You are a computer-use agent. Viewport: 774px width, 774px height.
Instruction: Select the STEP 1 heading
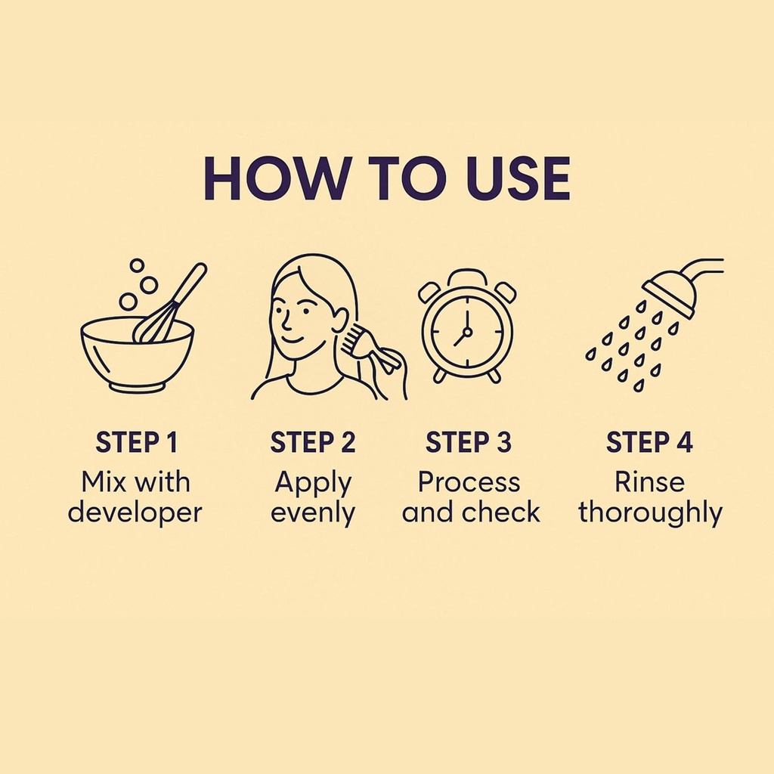coord(136,441)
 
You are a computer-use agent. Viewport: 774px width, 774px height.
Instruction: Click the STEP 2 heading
coord(313,441)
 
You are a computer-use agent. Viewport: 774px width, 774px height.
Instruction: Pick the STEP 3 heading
coord(469,441)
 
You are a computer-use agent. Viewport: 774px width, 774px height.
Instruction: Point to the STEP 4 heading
coord(649,441)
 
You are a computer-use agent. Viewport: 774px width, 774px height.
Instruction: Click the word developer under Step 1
coord(135,512)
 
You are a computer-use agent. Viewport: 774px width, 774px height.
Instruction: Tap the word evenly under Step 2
coord(313,513)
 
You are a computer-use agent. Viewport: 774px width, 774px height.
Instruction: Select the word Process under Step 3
coord(469,481)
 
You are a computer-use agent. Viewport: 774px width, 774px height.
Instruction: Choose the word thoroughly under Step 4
coord(651,512)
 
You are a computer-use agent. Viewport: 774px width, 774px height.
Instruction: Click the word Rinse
coord(649,481)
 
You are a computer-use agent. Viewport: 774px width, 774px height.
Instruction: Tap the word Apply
coord(313,483)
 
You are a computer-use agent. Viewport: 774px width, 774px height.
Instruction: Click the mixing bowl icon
coord(138,353)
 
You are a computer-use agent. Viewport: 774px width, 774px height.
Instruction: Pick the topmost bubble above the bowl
coord(137,265)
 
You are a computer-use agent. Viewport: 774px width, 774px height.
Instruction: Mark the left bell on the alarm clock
coord(429,292)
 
